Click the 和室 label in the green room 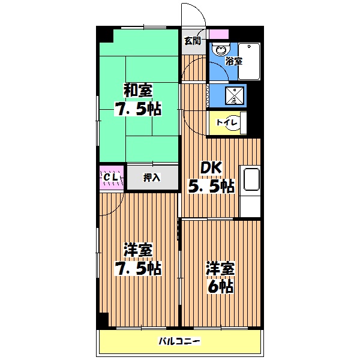[138, 91]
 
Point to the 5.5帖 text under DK [212, 187]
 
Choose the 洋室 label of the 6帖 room [221, 268]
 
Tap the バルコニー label [179, 342]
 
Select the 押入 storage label [151, 178]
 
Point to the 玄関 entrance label [192, 41]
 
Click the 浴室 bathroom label [233, 61]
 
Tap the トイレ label [228, 123]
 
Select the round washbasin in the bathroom [220, 50]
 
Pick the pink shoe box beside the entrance [220, 34]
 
